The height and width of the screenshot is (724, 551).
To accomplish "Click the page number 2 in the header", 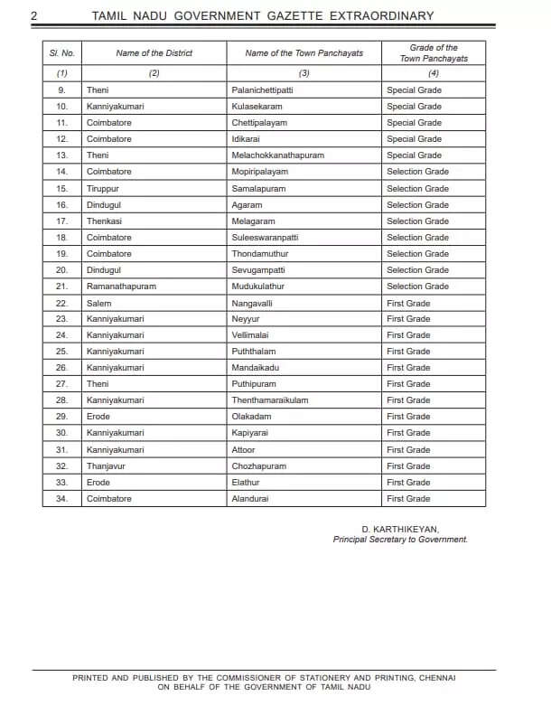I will coord(33,15).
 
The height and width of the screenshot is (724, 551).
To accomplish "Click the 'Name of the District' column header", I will coord(154,53).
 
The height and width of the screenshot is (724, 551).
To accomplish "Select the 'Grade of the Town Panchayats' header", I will coord(434,53).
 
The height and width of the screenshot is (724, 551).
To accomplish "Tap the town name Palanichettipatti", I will coord(262,90).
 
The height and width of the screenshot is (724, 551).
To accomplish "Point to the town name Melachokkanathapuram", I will coord(277,155).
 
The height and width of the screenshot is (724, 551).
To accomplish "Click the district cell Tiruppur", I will coord(104,189).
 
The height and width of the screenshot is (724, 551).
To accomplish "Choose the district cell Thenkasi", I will coord(105,221).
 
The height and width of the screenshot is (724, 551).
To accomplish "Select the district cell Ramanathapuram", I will coord(121,287).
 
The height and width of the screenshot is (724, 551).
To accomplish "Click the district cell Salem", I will coord(99,303).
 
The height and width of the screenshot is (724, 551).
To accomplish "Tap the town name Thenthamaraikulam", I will coord(269,400).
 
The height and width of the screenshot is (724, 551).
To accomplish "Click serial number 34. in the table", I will coord(61,499).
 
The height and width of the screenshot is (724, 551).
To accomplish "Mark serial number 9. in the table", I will coord(61,90).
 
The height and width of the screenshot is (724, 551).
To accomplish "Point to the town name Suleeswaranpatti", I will coord(265,238).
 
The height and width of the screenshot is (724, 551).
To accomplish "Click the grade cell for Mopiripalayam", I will coord(417,172).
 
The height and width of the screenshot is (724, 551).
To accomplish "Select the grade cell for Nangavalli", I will coord(408,303).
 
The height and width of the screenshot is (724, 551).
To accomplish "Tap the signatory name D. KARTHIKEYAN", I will coord(400,529).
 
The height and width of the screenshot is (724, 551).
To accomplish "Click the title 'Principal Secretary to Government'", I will coord(400,540).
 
